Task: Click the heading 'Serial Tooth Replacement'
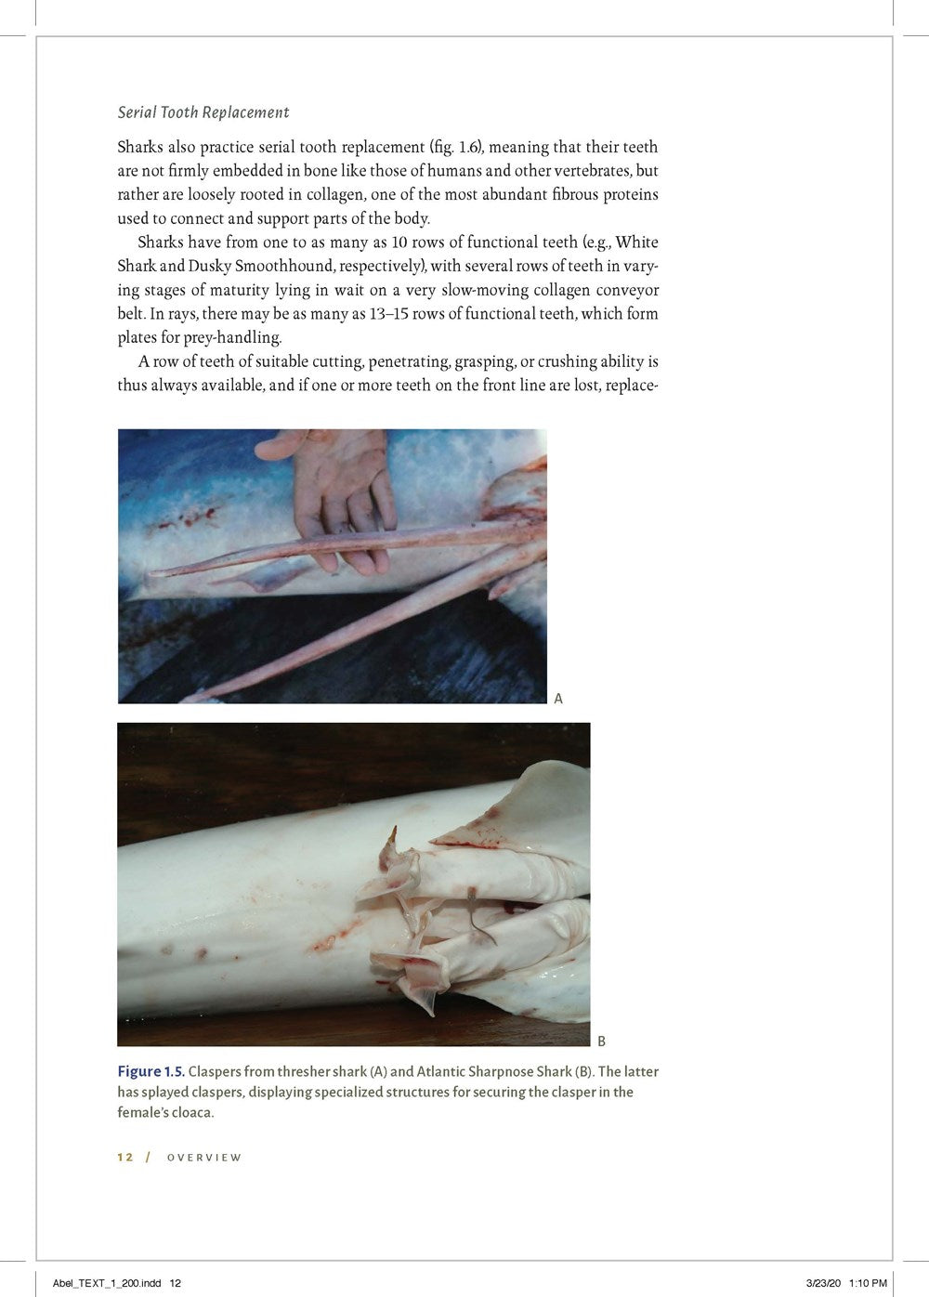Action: tap(203, 112)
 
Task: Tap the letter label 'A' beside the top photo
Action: tap(558, 698)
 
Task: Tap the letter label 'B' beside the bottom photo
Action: tap(601, 1041)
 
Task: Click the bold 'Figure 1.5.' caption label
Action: tap(150, 1071)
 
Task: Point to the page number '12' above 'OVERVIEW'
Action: tap(125, 1157)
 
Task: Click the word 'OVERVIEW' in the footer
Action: tap(204, 1158)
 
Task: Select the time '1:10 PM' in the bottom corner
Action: tap(868, 1283)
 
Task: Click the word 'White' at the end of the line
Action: tap(636, 242)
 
